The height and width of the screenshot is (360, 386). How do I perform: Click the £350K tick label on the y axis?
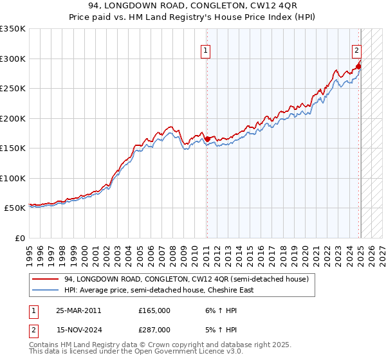click(x=13, y=29)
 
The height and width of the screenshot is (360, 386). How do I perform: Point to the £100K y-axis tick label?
click(x=13, y=178)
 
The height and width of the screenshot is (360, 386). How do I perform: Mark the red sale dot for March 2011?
click(x=207, y=139)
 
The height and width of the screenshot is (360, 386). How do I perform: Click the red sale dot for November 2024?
click(x=358, y=66)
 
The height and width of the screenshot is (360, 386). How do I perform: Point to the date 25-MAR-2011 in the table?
click(x=78, y=310)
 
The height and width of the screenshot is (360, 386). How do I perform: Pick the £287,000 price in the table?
click(x=154, y=329)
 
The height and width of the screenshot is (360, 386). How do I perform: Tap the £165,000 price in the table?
click(x=154, y=310)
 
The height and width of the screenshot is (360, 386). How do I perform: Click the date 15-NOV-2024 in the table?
click(x=78, y=329)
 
